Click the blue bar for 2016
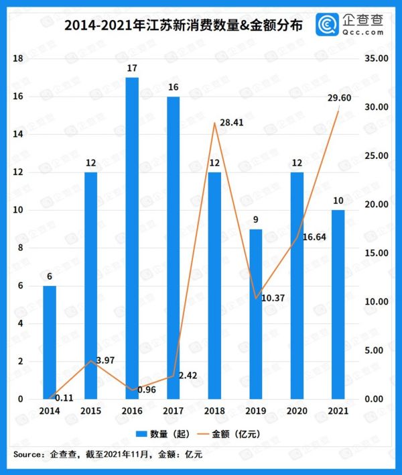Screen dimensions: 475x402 coord(132,238)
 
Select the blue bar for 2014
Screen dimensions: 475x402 coord(50,342)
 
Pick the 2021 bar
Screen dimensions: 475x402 coord(338,305)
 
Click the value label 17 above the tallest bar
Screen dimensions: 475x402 coord(132,68)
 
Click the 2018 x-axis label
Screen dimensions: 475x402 coord(214,410)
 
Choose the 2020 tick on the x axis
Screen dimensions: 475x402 coord(297,410)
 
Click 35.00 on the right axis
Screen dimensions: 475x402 coord(374,59)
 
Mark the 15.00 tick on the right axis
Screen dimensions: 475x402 coord(374,254)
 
